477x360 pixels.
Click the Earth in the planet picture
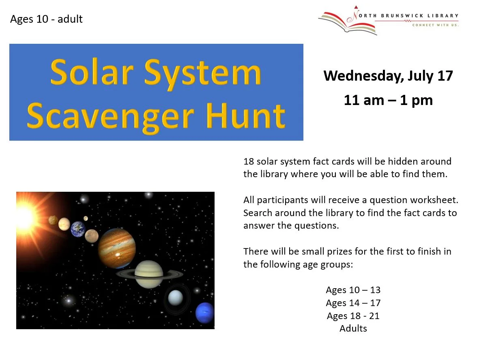click(x=78, y=229)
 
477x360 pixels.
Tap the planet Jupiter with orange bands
click(x=117, y=248)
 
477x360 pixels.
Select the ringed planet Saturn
click(x=149, y=274)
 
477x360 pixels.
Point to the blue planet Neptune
click(x=205, y=313)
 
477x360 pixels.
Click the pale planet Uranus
click(x=176, y=298)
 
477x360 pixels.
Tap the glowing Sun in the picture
click(x=26, y=217)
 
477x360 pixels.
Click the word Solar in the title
click(x=92, y=72)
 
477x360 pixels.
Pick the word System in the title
click(x=202, y=74)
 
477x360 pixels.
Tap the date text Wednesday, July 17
click(x=388, y=76)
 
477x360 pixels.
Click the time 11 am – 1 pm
click(x=388, y=101)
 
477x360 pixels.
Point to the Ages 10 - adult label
click(x=46, y=19)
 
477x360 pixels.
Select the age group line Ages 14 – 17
click(x=353, y=303)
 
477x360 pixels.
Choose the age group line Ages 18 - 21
click(x=353, y=316)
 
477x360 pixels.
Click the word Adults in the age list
click(x=353, y=328)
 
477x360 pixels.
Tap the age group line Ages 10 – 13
click(x=353, y=290)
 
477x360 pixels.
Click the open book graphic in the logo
click(x=347, y=24)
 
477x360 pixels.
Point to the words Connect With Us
click(x=435, y=25)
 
